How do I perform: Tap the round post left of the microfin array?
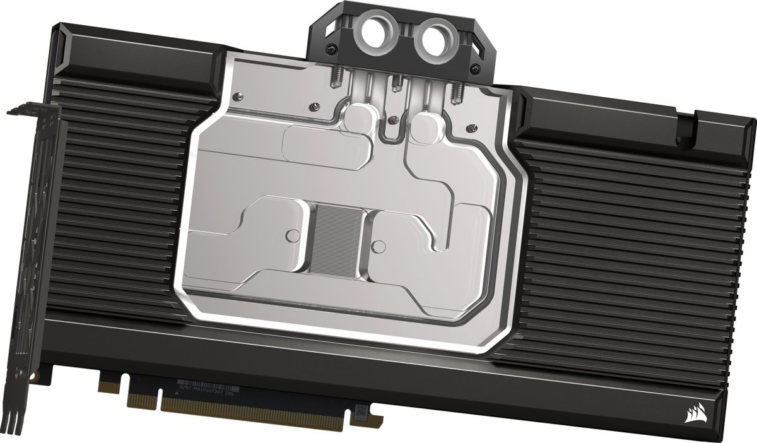(291, 236)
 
